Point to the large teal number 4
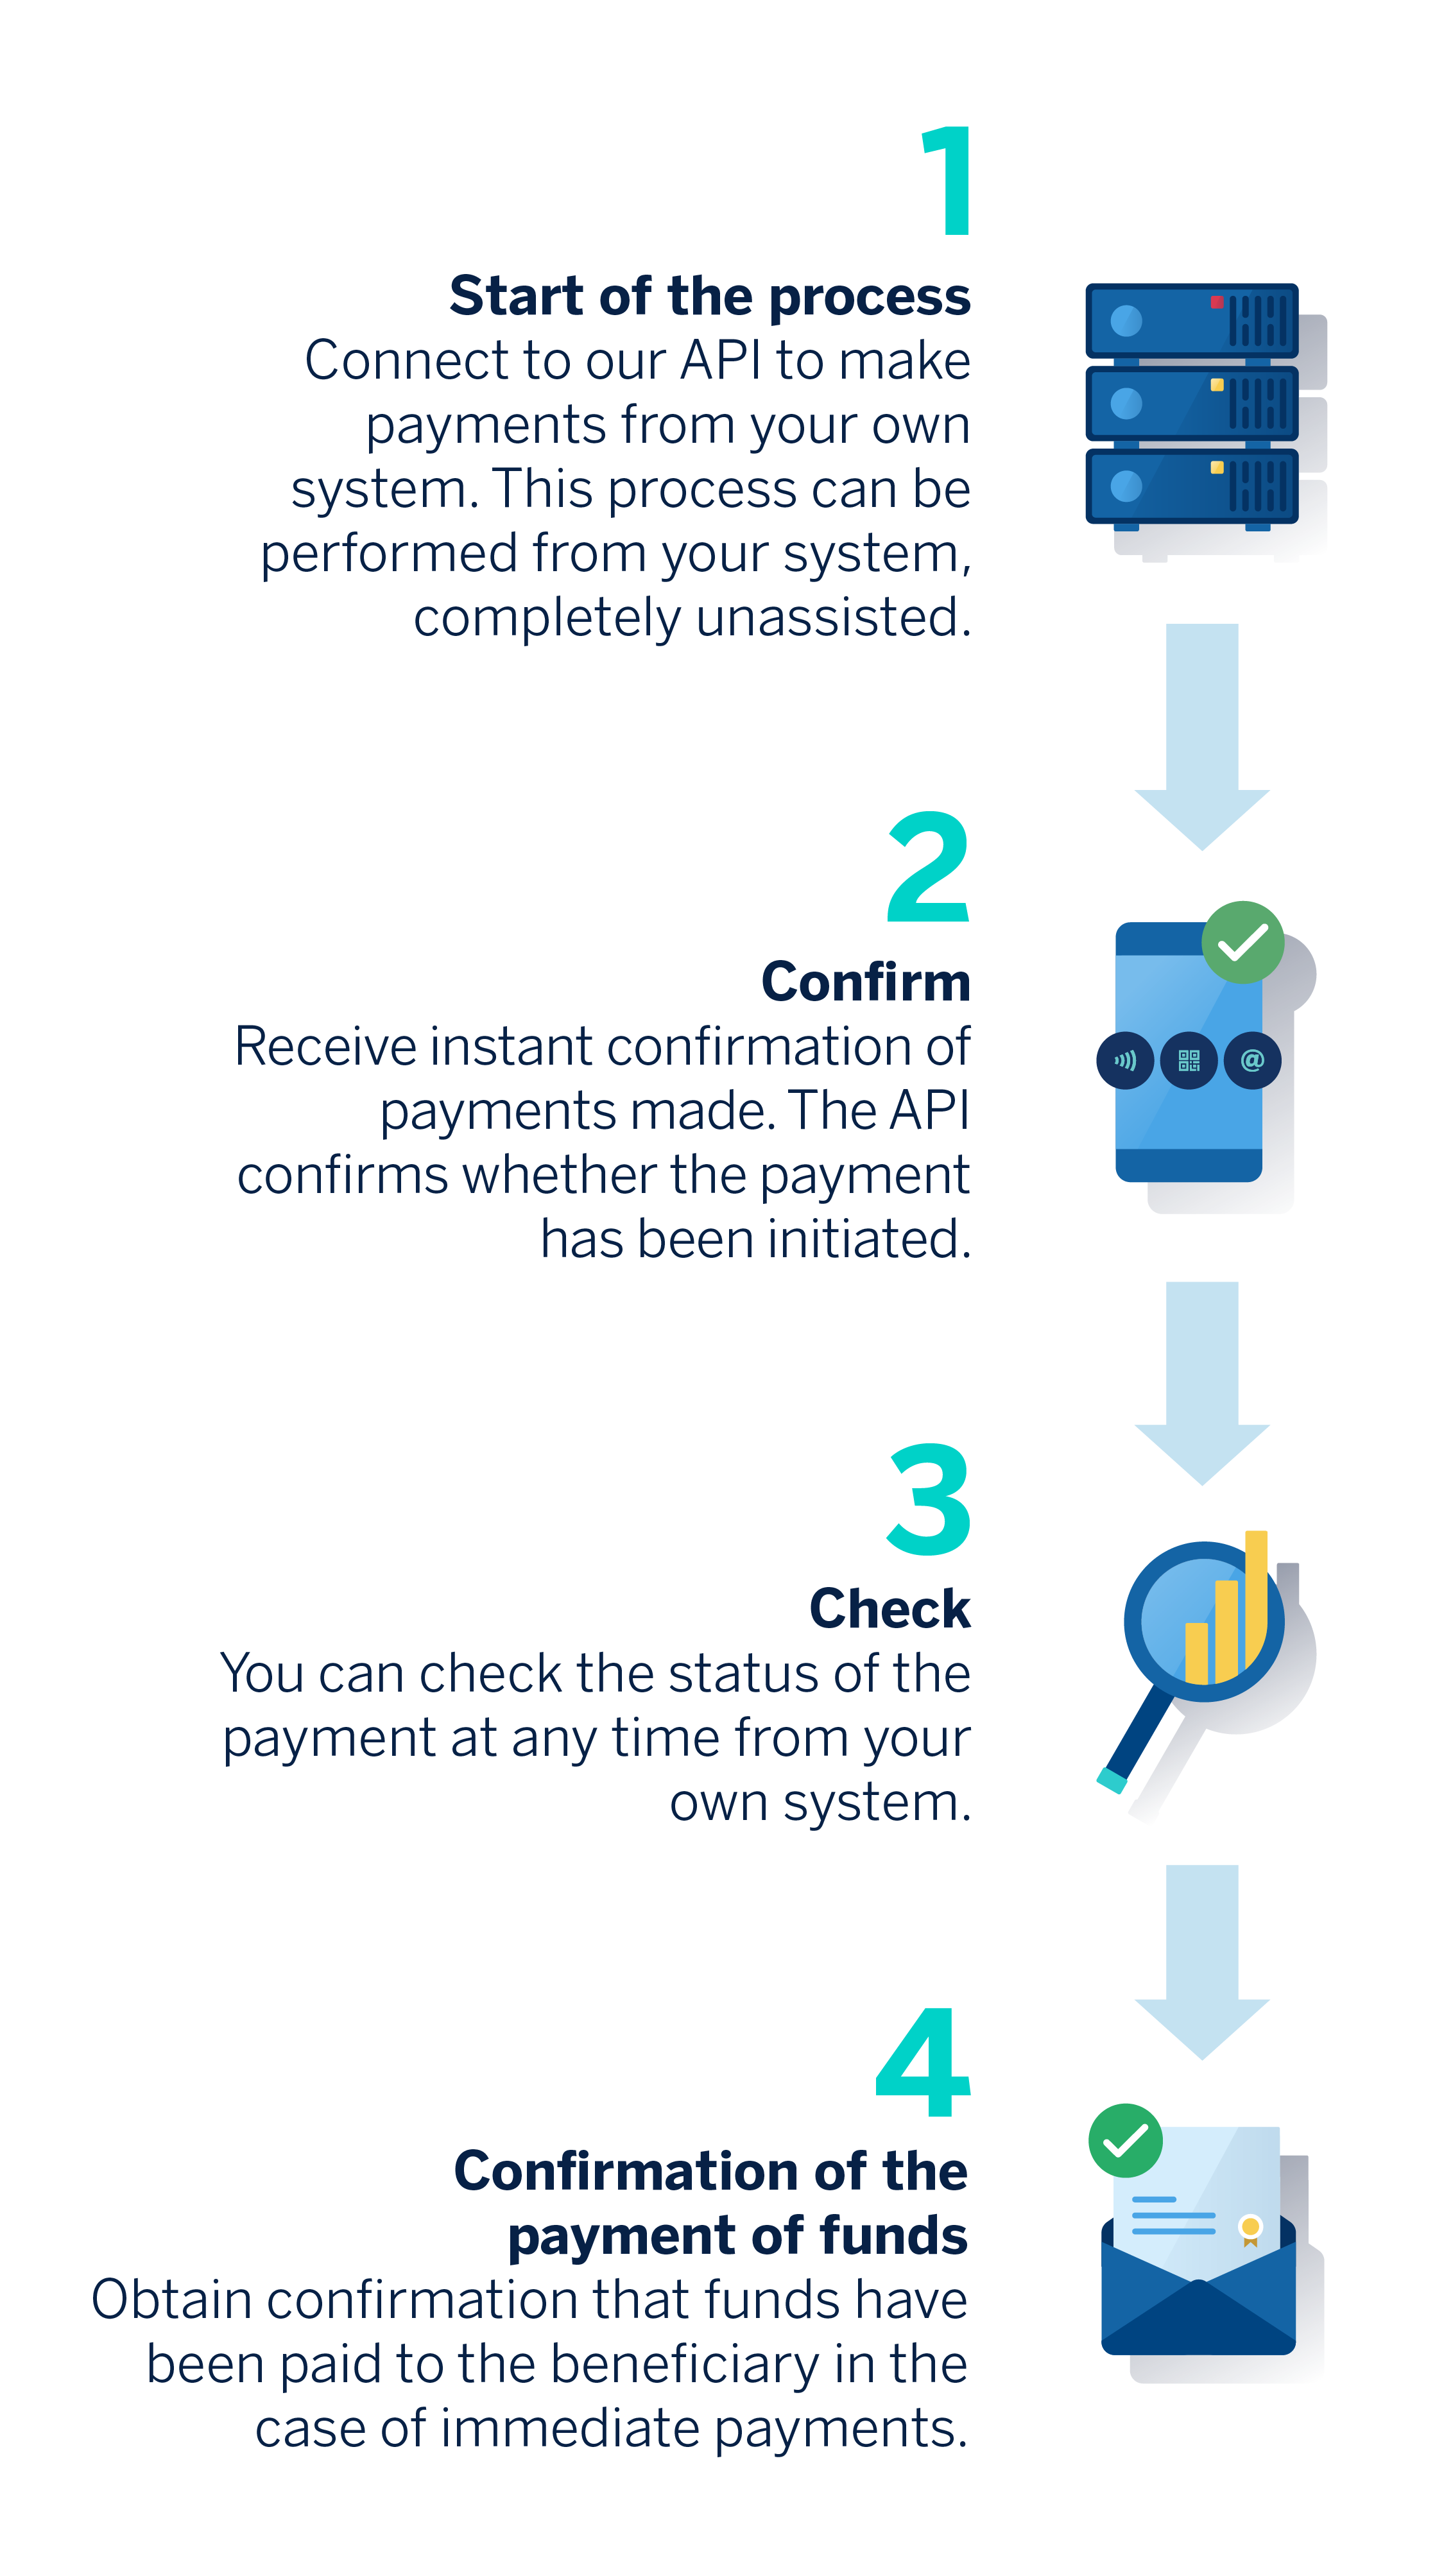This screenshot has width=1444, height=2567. pyautogui.click(x=923, y=2063)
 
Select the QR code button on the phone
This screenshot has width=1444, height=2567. pyautogui.click(x=1189, y=1060)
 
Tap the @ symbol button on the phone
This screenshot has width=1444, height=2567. pyautogui.click(x=1253, y=1060)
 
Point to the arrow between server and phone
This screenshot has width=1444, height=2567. pyautogui.click(x=1202, y=737)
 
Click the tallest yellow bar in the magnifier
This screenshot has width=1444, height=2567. pyautogui.click(x=1257, y=1599)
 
